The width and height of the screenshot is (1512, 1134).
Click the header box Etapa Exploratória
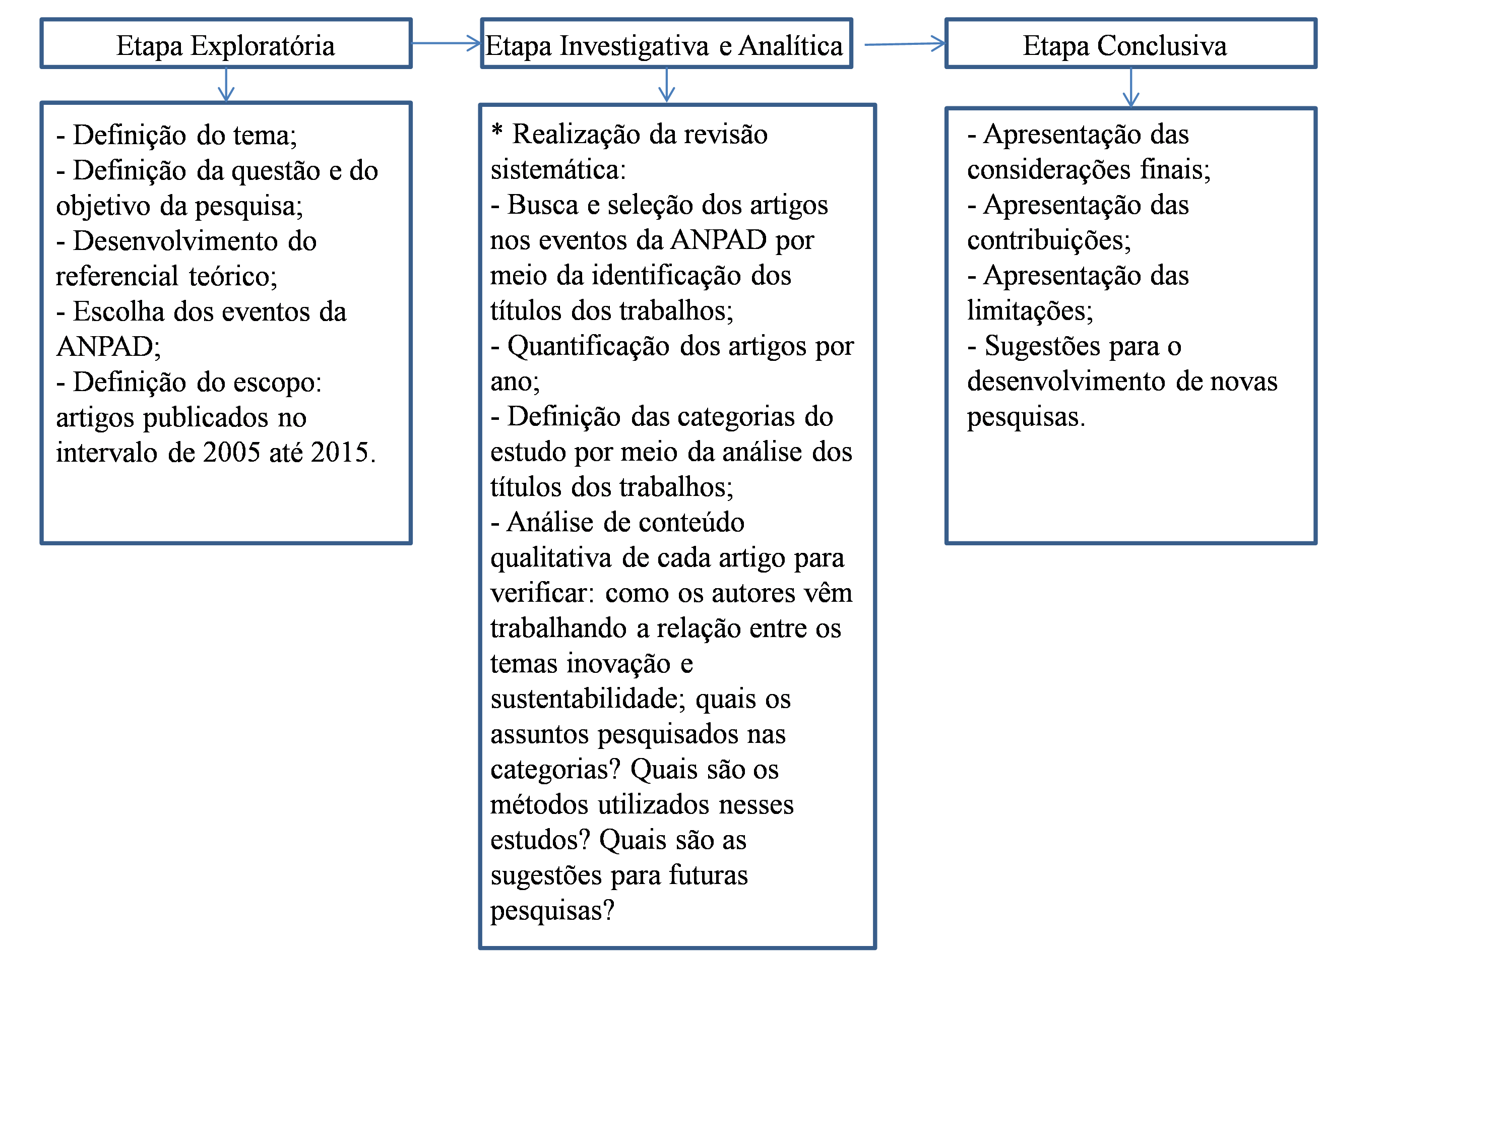click(226, 44)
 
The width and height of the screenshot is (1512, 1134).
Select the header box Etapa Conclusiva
click(1130, 44)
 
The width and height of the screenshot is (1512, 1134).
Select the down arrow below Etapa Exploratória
click(226, 86)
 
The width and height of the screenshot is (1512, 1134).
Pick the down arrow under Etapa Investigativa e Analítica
click(666, 86)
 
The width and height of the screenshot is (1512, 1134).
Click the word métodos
click(539, 804)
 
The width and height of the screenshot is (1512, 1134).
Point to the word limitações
click(1029, 311)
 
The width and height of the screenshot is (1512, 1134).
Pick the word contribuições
click(1048, 240)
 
